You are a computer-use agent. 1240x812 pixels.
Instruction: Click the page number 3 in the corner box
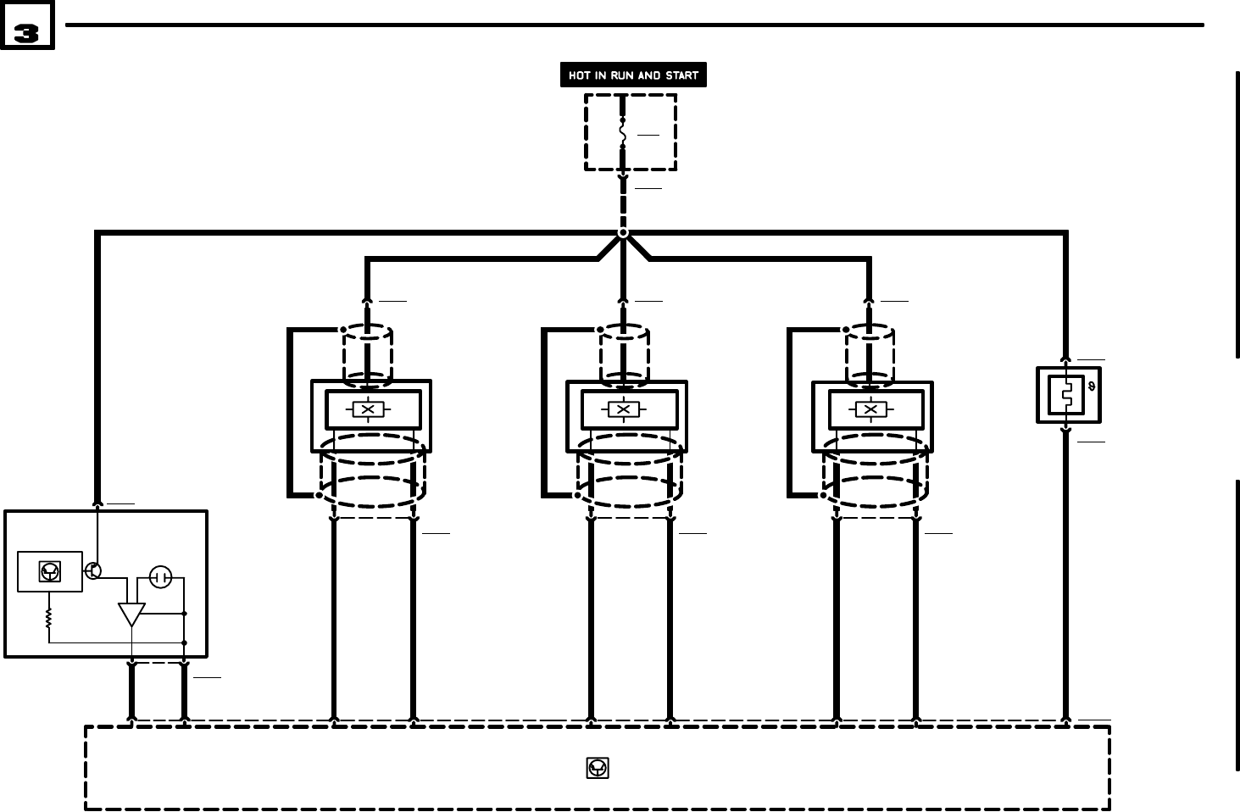(x=27, y=33)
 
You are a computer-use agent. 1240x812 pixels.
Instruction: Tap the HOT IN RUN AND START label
(x=633, y=75)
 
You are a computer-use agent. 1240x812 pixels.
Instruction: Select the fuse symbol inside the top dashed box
(x=622, y=133)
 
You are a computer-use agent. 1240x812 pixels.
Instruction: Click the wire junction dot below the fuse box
(x=623, y=232)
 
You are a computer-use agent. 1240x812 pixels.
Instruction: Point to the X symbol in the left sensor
(x=368, y=410)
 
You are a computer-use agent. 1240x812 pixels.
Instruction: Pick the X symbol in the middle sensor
(x=624, y=410)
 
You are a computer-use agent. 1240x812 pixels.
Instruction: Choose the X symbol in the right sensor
(x=870, y=410)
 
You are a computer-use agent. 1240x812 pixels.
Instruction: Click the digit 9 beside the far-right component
(x=1091, y=387)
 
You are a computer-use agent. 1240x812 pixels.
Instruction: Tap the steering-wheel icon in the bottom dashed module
(x=598, y=768)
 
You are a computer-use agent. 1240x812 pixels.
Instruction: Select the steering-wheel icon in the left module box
(x=50, y=572)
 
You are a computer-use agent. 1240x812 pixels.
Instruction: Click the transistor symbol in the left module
(x=93, y=570)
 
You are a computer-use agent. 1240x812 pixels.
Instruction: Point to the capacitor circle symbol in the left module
(x=160, y=578)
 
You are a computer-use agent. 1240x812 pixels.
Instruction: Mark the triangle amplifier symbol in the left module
(x=131, y=614)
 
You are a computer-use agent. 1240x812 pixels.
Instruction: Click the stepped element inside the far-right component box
(x=1066, y=395)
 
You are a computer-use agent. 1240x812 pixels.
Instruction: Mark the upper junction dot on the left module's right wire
(x=185, y=613)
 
